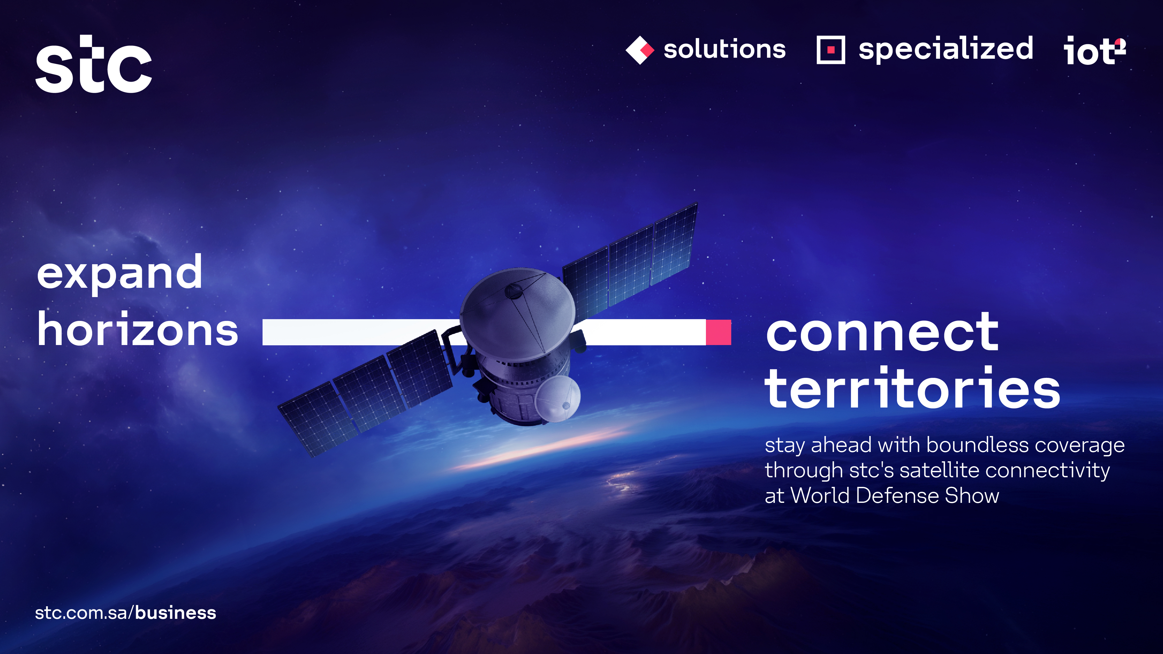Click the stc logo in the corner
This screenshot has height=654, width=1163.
[93, 64]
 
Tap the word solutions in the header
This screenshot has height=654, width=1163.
[725, 49]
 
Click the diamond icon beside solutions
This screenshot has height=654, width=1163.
[640, 50]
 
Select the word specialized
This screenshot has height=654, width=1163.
[946, 49]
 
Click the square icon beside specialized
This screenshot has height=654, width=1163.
[831, 50]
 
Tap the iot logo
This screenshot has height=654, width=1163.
[1095, 51]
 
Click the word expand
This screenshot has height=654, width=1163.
[119, 273]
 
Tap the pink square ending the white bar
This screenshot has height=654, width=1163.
[718, 332]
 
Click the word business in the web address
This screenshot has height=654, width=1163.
[176, 613]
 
